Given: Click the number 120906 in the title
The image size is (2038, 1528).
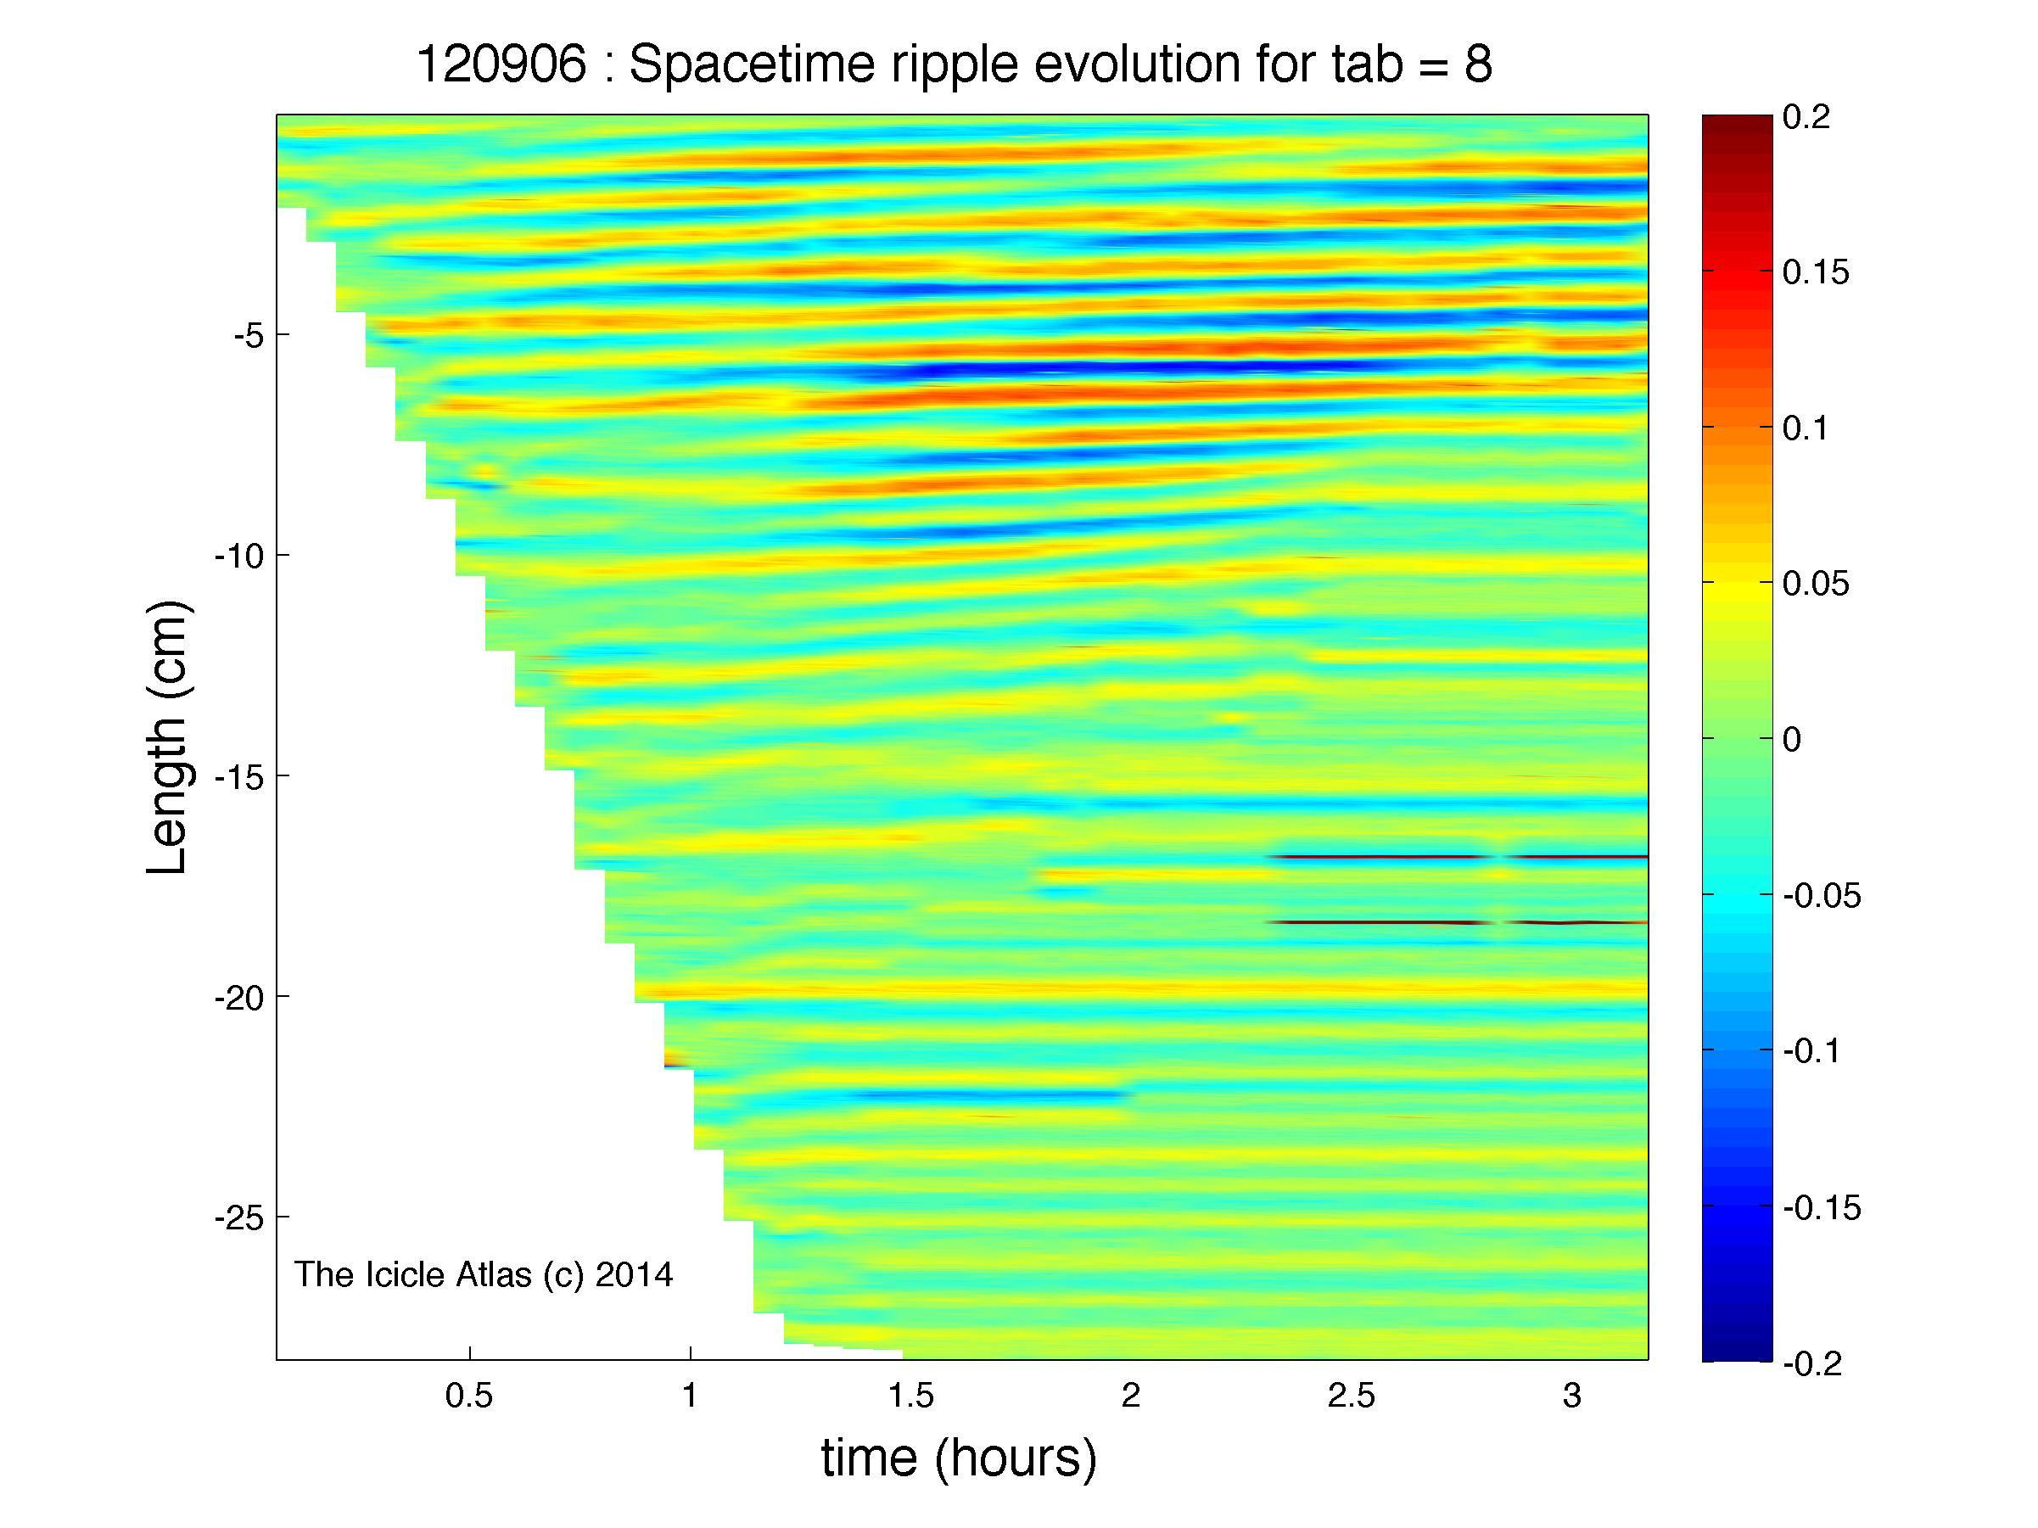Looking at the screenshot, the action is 502,65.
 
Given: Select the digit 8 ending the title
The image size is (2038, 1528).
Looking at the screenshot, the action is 1477,65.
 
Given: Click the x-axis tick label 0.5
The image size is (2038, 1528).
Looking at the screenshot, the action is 469,1397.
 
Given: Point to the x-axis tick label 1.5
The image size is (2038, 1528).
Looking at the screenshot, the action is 910,1397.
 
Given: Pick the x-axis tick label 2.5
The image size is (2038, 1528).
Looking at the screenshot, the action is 1351,1397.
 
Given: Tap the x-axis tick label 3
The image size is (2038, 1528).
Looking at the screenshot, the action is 1572,1397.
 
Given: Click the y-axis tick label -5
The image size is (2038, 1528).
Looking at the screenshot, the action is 249,334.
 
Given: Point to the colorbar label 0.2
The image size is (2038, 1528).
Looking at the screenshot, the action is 1806,117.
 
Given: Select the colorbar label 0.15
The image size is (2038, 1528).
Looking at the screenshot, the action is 1816,272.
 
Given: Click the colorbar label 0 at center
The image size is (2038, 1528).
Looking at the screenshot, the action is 1792,740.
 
